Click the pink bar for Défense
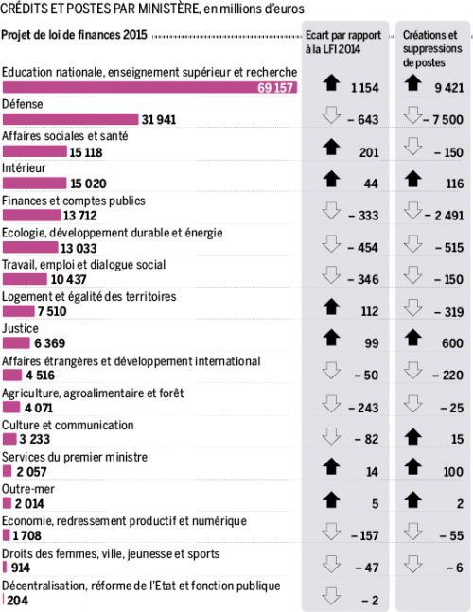(71, 119)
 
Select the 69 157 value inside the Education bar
(275, 87)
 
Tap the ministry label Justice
(20, 328)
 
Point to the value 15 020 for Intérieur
(89, 184)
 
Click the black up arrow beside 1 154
(331, 82)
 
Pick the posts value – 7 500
(444, 119)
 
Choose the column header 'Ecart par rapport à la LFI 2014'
(343, 43)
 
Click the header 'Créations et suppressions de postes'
(432, 49)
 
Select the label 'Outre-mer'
(28, 489)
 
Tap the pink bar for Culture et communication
(9, 439)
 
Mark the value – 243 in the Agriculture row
(363, 408)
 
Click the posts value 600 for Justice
(453, 343)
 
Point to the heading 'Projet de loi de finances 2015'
(74, 35)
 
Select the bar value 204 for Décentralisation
(18, 601)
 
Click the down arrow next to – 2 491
(412, 210)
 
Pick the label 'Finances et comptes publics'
(74, 201)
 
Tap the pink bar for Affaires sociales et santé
(35, 151)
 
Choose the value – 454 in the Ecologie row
(362, 248)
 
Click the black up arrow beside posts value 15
(412, 437)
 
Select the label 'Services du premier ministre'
(75, 457)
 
